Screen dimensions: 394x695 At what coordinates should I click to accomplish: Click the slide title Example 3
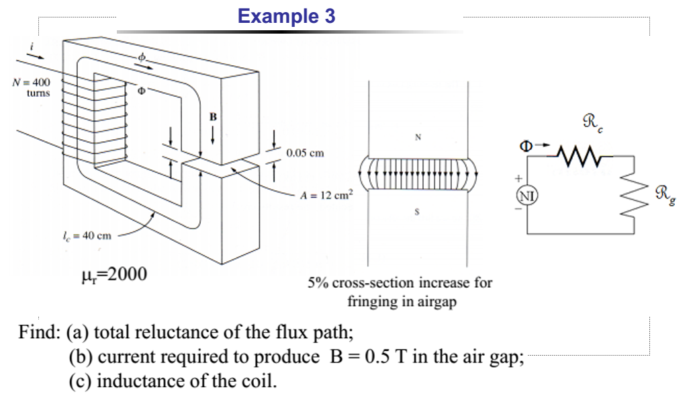click(x=287, y=17)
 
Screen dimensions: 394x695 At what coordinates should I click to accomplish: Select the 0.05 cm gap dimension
click(x=305, y=153)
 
